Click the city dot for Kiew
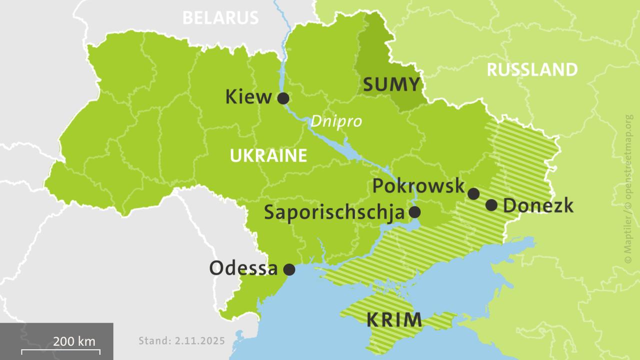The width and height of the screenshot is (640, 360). (283, 98)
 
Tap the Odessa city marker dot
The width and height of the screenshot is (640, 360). (289, 269)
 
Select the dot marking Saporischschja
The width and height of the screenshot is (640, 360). (414, 212)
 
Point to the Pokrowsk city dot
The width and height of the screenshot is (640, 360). (473, 193)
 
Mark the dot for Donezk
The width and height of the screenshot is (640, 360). (491, 205)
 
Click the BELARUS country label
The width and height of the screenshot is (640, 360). (220, 18)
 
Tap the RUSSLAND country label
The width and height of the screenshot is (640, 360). (532, 70)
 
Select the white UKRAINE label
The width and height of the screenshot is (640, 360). (268, 156)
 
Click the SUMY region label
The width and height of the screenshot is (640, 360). (391, 85)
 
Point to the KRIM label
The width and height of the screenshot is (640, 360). (394, 319)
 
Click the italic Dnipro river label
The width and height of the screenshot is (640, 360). (336, 121)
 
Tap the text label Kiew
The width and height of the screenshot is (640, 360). (248, 97)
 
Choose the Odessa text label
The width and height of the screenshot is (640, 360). (243, 268)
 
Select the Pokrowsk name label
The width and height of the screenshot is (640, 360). (419, 186)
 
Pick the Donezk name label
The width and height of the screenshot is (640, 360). (538, 205)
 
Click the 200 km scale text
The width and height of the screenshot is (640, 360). (74, 342)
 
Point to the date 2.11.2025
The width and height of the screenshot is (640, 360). (200, 341)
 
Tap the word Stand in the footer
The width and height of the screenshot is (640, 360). (154, 341)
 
